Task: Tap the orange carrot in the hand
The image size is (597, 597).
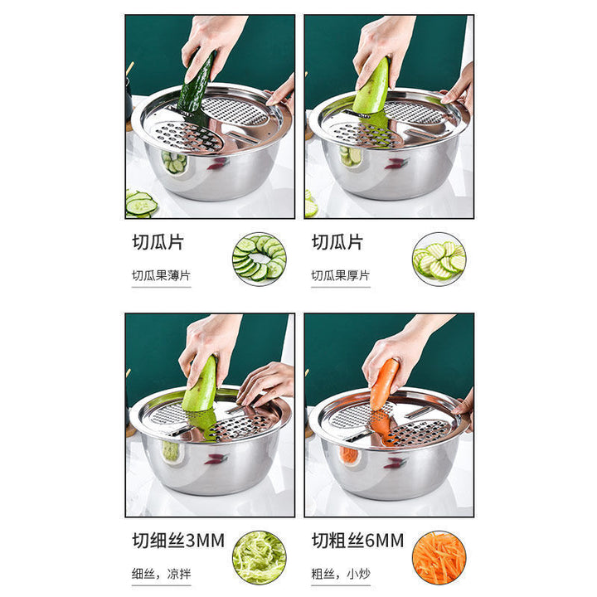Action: click(x=384, y=384)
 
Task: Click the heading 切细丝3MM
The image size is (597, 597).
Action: click(x=178, y=541)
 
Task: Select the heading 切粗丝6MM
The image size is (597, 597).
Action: click(x=358, y=541)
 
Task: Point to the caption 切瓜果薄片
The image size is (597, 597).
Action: click(x=161, y=275)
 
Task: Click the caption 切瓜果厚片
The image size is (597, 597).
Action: click(x=341, y=275)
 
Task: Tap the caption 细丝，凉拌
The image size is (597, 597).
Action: click(x=161, y=574)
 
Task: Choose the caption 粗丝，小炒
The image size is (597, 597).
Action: click(x=341, y=574)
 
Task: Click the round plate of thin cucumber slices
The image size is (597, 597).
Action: click(x=260, y=259)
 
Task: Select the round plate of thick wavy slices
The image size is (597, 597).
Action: click(x=439, y=259)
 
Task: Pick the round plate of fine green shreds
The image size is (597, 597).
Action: click(x=260, y=558)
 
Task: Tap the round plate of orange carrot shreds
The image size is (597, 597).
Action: click(x=439, y=558)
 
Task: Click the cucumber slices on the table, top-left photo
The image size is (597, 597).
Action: click(x=140, y=204)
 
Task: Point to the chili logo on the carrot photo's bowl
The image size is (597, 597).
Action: click(x=395, y=463)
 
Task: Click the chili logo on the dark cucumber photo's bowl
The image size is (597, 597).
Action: click(x=216, y=164)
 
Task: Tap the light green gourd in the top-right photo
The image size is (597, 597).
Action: click(x=372, y=87)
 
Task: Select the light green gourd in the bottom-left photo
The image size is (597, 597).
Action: click(x=200, y=384)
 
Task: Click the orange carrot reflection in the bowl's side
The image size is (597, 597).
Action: click(x=348, y=455)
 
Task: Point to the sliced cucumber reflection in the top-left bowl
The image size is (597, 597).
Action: click(x=173, y=162)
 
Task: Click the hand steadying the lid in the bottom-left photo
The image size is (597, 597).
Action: click(x=265, y=382)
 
